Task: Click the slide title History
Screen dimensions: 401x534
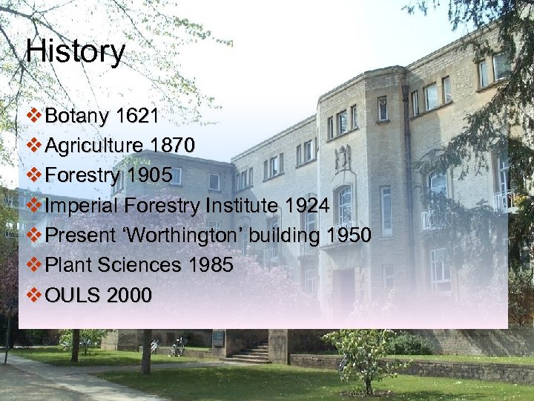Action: (75, 52)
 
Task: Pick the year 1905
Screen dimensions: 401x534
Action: (150, 176)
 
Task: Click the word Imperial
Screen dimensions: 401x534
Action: (82, 206)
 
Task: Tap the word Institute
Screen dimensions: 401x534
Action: (252, 206)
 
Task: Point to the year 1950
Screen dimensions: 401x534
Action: (349, 236)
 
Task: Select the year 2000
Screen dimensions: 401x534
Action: (130, 296)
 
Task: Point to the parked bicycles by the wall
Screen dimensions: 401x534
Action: (177, 347)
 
